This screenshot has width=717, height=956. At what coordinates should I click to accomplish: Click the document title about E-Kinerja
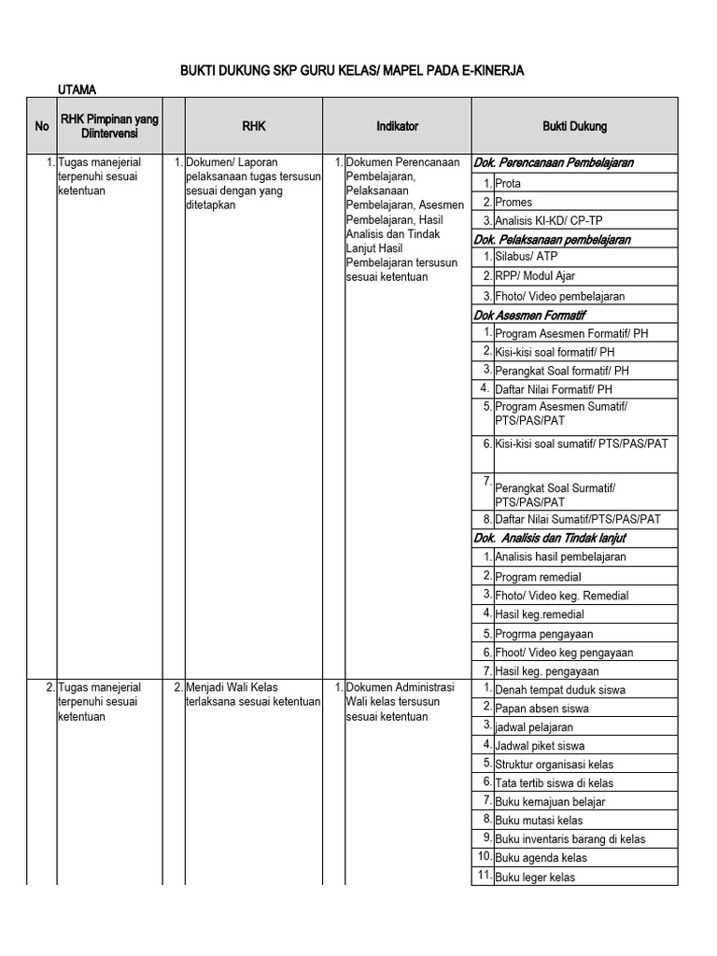pos(358,71)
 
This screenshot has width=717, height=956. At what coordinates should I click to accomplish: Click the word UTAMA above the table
pos(77,90)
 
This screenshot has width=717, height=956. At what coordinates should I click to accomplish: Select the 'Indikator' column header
pos(397,126)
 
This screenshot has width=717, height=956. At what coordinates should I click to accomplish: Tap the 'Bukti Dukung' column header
pos(574,126)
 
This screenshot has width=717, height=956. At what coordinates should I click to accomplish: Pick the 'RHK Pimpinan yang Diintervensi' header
pos(109,126)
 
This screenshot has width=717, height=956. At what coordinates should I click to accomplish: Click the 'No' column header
pos(42,126)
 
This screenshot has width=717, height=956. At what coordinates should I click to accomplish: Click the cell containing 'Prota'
pos(509,184)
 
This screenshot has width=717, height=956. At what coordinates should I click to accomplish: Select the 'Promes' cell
pos(514,203)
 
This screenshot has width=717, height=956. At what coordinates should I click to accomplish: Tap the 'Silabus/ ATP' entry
pos(527,259)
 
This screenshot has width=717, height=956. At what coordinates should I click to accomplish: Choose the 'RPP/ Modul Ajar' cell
pos(535,277)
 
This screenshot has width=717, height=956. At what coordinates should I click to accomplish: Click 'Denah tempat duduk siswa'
pos(560,690)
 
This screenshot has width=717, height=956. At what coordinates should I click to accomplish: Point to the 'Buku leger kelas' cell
pos(535,878)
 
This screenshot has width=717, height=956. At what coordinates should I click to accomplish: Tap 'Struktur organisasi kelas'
pos(555,765)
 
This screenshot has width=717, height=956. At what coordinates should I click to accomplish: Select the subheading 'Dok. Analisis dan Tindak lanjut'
pos(550,538)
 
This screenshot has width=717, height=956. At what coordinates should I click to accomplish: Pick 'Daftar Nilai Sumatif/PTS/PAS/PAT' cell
pos(578,519)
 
